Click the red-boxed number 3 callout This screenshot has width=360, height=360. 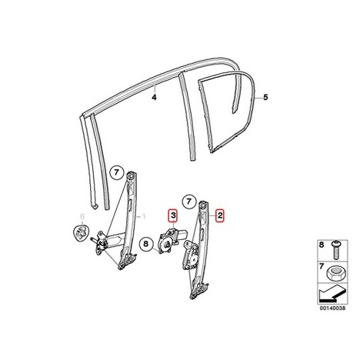(173, 215)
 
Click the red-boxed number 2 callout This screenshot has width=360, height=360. (220, 216)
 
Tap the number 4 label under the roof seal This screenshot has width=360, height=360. (154, 98)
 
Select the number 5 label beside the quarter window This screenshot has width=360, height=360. (265, 98)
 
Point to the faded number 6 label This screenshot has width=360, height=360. (82, 217)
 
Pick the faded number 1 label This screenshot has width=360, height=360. (144, 217)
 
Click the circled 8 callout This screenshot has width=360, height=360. (145, 243)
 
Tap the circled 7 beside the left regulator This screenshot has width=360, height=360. (117, 172)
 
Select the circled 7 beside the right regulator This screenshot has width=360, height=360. (189, 202)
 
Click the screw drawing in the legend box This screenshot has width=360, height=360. (335, 250)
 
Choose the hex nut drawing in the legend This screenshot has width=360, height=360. (335, 272)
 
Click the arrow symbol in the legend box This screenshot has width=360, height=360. (332, 293)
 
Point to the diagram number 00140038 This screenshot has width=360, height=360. (332, 308)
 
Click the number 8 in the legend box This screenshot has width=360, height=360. (322, 245)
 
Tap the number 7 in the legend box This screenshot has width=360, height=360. (322, 268)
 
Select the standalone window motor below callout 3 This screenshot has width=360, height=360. (170, 240)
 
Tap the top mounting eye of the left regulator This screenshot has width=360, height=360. (131, 176)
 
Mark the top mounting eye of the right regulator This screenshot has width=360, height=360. (203, 205)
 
